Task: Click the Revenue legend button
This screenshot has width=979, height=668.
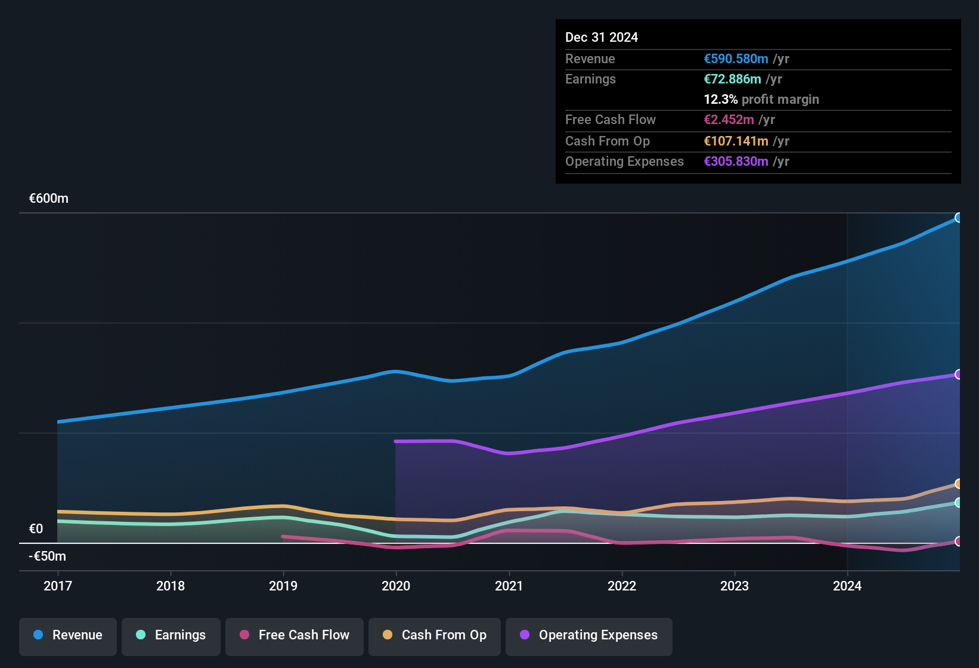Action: [x=68, y=635]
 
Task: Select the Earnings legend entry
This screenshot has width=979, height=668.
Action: [x=171, y=635]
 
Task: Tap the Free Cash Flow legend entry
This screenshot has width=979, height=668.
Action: [x=295, y=635]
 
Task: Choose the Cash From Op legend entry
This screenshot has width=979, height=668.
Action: [x=435, y=635]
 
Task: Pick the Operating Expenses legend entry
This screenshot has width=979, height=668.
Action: [x=589, y=635]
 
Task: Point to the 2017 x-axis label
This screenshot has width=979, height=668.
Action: [x=58, y=586]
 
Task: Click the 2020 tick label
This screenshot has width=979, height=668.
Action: [x=396, y=586]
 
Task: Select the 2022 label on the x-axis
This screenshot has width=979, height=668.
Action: [x=622, y=586]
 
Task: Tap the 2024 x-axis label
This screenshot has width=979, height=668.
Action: [x=847, y=586]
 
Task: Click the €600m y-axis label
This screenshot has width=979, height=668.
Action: [x=49, y=199]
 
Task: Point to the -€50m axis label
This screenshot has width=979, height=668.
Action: [x=48, y=556]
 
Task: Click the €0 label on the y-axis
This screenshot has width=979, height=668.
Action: [x=36, y=529]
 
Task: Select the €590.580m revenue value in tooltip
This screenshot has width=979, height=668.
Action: [x=736, y=59]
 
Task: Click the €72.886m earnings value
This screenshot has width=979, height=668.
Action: [x=732, y=79]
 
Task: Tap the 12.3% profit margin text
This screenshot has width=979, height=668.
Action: [x=761, y=100]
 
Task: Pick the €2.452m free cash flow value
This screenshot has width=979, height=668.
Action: [x=729, y=120]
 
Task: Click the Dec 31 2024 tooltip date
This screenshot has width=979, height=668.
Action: [x=602, y=38]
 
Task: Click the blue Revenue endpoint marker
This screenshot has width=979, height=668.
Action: [x=958, y=218]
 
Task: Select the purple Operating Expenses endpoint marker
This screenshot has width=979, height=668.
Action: [x=958, y=375]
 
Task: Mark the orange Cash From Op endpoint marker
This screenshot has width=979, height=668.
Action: [x=958, y=484]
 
